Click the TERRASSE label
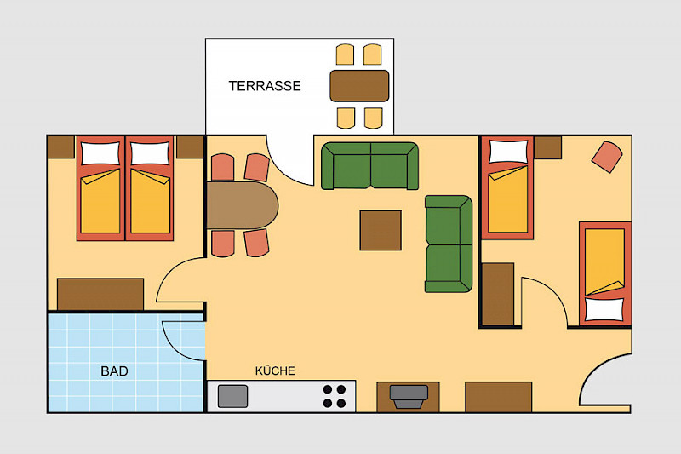(265, 85)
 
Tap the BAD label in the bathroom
(114, 371)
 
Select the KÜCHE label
(275, 371)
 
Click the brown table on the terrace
(359, 85)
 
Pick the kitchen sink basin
(232, 396)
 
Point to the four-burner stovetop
(335, 396)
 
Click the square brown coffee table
(381, 230)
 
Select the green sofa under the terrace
(369, 166)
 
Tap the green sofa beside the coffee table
(449, 244)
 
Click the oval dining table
(242, 205)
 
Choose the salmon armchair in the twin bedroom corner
(607, 157)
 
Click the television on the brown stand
(409, 397)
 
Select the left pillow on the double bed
(100, 153)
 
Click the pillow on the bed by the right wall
(604, 309)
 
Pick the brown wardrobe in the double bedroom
(100, 294)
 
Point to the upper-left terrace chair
(346, 55)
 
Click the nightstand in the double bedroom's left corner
(60, 147)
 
